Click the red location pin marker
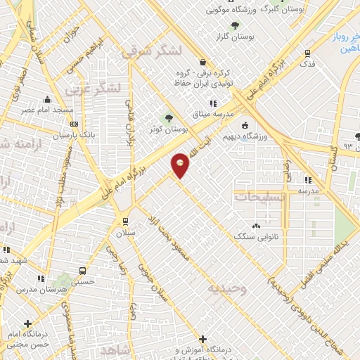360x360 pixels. coord(181,165)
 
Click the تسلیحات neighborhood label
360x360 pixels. coord(260,198)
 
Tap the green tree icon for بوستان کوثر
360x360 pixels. coord(167,117)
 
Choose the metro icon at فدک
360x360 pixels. coord(307,53)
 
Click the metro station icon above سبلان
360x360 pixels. coord(125,220)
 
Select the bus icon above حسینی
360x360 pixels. coord(83,270)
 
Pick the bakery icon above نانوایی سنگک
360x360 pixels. coord(255,225)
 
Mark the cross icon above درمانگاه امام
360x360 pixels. coord(27,323)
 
